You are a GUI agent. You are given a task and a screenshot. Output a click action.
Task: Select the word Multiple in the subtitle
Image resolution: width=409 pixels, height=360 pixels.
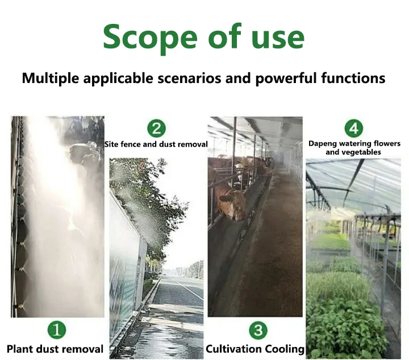[51, 78]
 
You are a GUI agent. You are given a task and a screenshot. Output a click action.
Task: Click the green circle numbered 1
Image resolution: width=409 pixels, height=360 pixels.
[57, 330]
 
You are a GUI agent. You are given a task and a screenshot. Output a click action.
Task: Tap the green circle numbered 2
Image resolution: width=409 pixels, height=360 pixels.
[156, 129]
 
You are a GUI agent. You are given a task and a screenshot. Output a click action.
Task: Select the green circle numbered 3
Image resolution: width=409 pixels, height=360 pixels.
[258, 330]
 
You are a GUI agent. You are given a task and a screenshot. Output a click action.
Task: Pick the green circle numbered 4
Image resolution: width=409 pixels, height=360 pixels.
[354, 129]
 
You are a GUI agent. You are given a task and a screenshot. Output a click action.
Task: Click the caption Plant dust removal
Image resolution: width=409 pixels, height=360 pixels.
[55, 349]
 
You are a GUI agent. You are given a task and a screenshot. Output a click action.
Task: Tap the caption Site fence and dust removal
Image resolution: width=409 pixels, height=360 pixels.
[156, 144]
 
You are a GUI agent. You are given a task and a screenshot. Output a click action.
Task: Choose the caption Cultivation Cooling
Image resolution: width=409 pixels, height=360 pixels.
[255, 349]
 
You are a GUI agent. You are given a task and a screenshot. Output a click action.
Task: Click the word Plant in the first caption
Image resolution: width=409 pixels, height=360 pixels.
[19, 349]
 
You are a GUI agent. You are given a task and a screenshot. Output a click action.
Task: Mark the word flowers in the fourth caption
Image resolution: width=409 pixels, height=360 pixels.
[387, 143]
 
